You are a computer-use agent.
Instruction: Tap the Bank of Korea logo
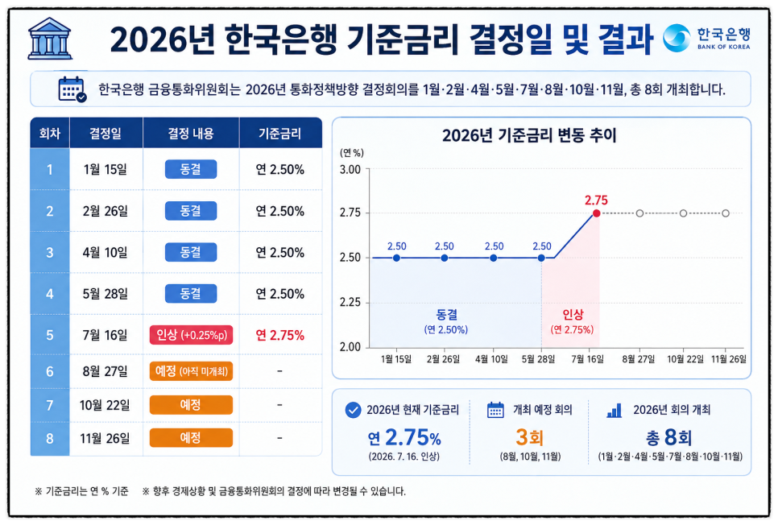[x=706, y=38]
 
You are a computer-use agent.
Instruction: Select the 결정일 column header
[x=106, y=134]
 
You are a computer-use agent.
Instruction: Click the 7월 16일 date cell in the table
[x=106, y=335]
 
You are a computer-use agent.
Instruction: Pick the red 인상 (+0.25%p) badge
[x=191, y=335]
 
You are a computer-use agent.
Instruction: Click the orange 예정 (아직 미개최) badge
[x=191, y=371]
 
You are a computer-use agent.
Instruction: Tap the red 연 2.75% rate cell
[x=279, y=336]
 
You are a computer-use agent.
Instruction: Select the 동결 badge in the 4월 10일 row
[x=191, y=252]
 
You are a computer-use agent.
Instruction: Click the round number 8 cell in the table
[x=50, y=439]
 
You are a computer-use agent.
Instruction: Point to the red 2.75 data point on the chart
[x=597, y=213]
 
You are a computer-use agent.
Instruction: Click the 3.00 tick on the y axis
[x=350, y=170]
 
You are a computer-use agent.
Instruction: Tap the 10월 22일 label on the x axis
[x=685, y=359]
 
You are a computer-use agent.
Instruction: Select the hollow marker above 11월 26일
[x=726, y=213]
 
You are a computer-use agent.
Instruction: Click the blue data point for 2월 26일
[x=444, y=258]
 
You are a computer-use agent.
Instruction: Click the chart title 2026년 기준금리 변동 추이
[x=529, y=135]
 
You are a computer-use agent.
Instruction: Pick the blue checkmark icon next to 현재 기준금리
[x=353, y=410]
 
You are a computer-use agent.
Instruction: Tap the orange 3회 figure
[x=529, y=437]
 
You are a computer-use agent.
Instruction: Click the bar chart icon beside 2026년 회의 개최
[x=615, y=411]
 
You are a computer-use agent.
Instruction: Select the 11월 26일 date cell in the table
[x=106, y=439]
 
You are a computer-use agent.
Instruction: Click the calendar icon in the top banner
[x=72, y=89]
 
